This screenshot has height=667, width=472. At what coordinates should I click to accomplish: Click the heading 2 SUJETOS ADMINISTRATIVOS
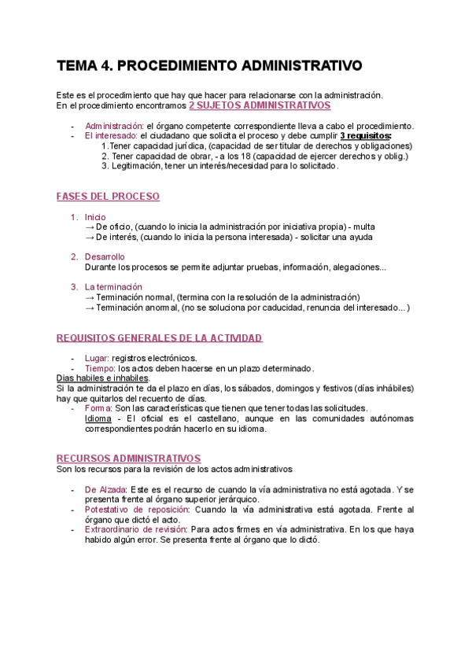(x=260, y=105)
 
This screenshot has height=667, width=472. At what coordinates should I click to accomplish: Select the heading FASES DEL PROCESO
(x=108, y=196)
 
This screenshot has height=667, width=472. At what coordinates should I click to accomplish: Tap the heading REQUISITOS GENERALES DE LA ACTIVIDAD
(x=159, y=338)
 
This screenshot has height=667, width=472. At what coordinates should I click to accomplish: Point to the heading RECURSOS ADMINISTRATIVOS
(x=128, y=458)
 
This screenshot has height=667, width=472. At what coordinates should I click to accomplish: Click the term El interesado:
(x=110, y=135)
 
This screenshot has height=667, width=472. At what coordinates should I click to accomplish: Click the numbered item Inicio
(x=94, y=217)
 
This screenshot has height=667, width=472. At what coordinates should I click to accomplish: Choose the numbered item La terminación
(x=113, y=287)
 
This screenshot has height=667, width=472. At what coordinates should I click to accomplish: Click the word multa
(x=367, y=227)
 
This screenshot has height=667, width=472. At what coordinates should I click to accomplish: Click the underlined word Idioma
(x=98, y=418)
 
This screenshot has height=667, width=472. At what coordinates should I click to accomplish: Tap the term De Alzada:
(x=105, y=489)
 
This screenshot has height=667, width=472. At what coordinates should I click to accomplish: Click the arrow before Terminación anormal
(x=89, y=308)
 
